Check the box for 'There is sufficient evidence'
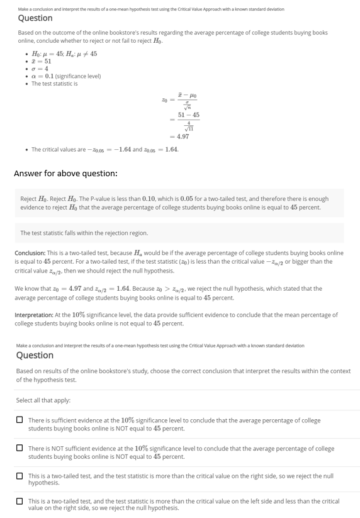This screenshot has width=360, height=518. click(20, 420)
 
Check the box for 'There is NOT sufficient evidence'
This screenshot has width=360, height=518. click(20, 449)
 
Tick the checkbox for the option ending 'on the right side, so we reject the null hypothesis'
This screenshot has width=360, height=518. click(20, 476)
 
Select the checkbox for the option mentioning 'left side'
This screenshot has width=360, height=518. click(20, 502)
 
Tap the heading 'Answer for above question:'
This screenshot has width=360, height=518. click(65, 173)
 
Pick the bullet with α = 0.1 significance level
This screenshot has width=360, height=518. click(65, 76)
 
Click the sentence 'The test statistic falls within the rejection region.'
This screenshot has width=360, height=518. click(84, 233)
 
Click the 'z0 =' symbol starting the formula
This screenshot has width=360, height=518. click(166, 99)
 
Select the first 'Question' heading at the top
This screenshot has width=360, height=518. click(35, 18)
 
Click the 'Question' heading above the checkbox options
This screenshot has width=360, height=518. click(35, 355)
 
